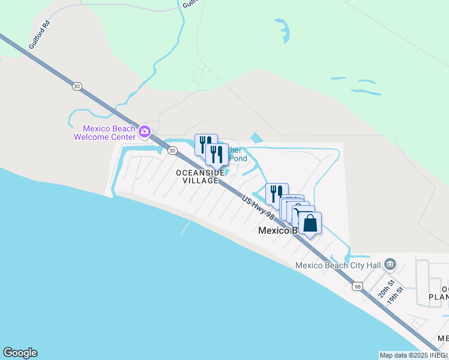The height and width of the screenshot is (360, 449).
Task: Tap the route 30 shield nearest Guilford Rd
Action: pyautogui.click(x=76, y=86)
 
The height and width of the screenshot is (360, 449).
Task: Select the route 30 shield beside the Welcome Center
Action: pyautogui.click(x=172, y=151)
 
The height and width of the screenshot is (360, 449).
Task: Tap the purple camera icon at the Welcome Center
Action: pyautogui.click(x=144, y=131)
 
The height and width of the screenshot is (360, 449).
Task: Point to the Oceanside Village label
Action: pyautogui.click(x=200, y=176)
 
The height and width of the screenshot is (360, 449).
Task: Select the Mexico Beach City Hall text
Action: pyautogui.click(x=338, y=266)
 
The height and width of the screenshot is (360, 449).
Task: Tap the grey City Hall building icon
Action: pyautogui.click(x=390, y=265)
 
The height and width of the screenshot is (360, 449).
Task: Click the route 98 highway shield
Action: pyautogui.click(x=358, y=287)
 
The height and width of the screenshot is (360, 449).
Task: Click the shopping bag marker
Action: pyautogui.click(x=310, y=224)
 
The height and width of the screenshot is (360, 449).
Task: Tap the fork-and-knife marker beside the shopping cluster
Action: pyautogui.click(x=277, y=194)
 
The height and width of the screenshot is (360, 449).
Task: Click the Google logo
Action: pyautogui.click(x=20, y=353)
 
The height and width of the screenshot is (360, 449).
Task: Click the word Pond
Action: pyautogui.click(x=238, y=159)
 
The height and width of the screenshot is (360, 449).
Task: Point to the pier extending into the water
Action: pyautogui.click(x=187, y=227)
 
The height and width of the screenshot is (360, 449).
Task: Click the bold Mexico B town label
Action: pyautogui.click(x=277, y=230)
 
